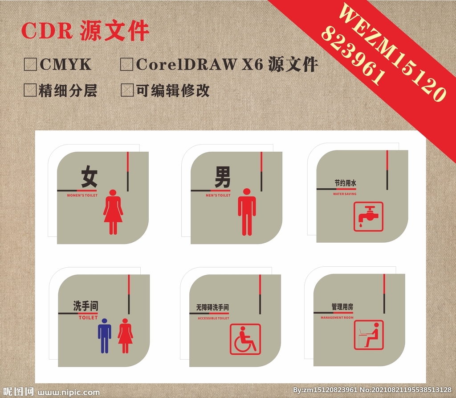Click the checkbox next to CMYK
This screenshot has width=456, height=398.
30,64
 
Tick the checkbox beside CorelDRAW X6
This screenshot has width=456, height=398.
127,64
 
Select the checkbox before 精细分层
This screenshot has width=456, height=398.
30,90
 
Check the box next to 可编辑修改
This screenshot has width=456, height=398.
127,90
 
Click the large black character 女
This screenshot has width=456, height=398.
89,177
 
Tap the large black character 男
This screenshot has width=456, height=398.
223,177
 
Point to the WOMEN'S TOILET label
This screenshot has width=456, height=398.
82,195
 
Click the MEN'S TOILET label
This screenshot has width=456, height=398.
218,195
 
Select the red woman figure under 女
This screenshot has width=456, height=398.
113,212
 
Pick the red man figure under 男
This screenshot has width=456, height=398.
247,212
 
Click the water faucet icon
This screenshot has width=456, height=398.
368,216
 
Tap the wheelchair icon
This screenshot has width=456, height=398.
245,340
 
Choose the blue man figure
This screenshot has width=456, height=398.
104,336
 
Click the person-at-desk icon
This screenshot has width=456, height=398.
369,335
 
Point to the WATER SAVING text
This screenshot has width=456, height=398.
345,194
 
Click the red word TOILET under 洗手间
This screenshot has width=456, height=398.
88,318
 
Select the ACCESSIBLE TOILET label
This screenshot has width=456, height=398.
213,318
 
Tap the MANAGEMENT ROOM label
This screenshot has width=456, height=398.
337,318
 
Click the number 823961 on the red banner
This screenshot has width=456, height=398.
353,55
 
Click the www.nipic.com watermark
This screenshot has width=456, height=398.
69,393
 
